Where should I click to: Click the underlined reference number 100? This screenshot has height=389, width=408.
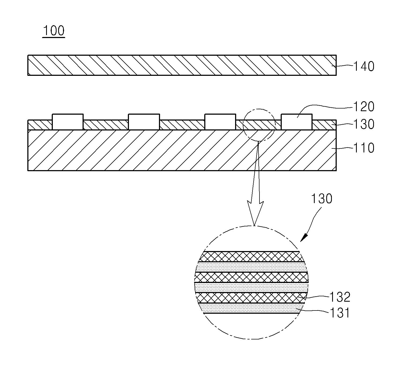point(54,31)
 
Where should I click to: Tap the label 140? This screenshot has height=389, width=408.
point(364,66)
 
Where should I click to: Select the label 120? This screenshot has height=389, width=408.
point(364,107)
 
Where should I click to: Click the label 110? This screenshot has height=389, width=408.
point(364,148)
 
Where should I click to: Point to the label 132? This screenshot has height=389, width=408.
point(340,297)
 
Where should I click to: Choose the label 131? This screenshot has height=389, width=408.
point(340,313)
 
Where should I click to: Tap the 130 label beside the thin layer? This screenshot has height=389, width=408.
point(364,124)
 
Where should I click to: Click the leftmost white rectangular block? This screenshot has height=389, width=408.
point(68,122)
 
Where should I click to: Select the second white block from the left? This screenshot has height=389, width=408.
point(144,122)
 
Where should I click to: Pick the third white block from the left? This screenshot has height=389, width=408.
point(220,122)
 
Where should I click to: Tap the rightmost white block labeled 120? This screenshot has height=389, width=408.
point(296,122)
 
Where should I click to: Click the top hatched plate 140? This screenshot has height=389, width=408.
point(182,65)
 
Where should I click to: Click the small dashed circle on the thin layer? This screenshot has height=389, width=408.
point(259,125)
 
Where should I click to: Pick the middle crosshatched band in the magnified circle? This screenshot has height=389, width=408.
point(251,277)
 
